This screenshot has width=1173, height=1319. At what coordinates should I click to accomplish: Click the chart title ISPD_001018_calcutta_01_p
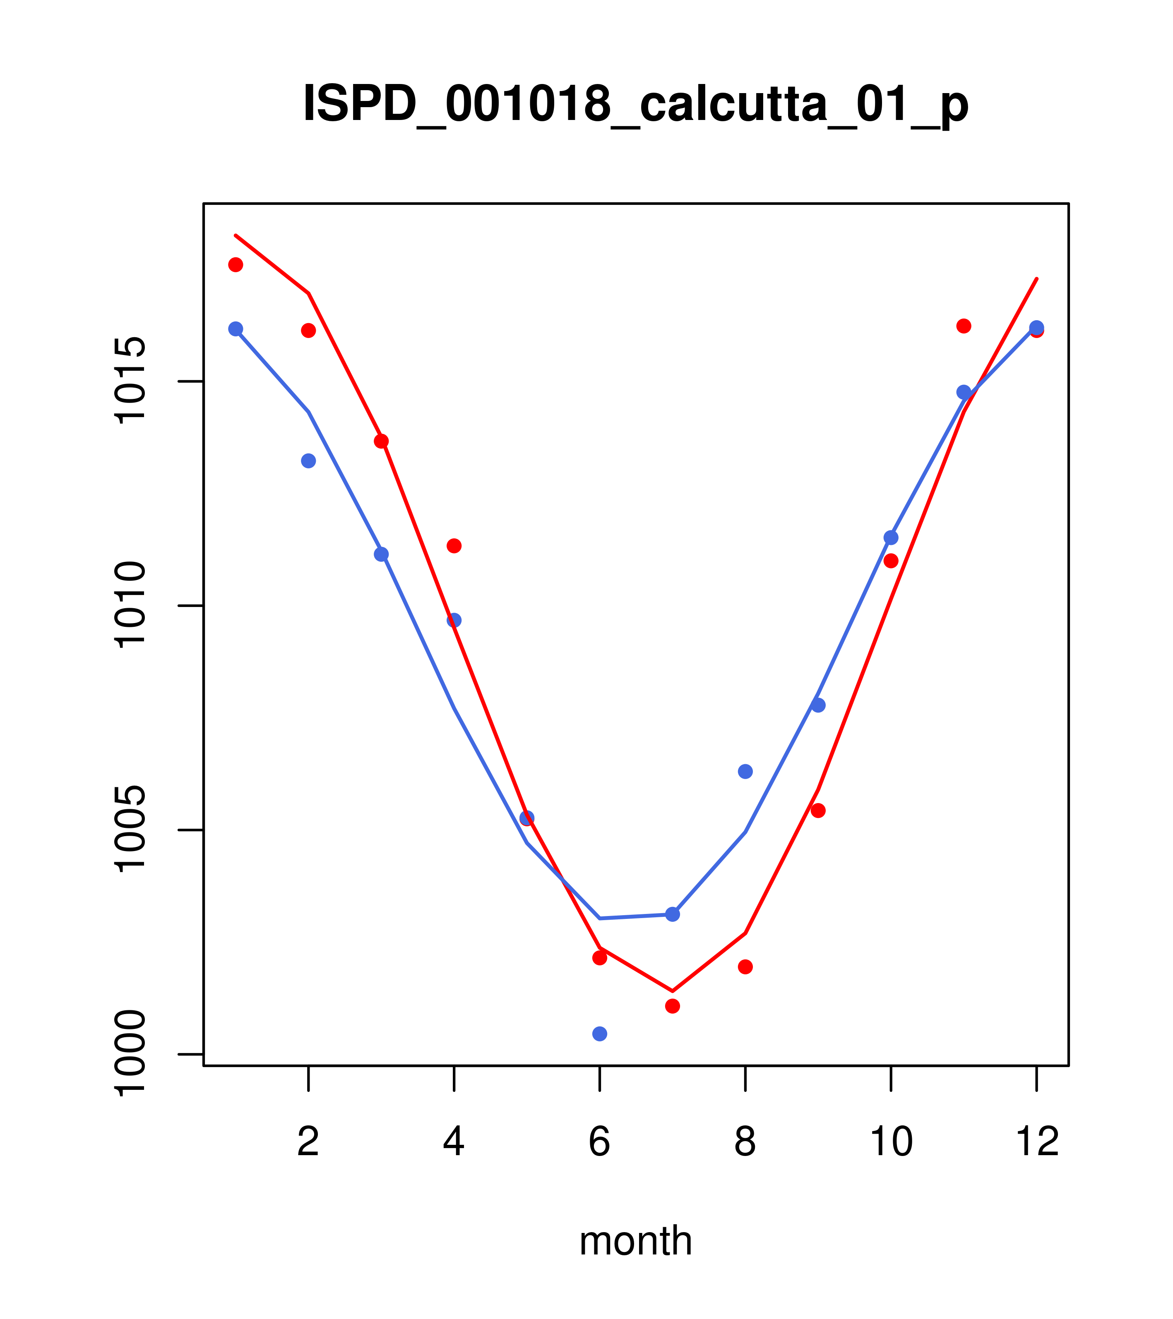[635, 105]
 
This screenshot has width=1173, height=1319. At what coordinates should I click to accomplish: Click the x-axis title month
[635, 1241]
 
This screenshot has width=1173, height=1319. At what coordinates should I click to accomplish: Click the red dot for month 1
[236, 264]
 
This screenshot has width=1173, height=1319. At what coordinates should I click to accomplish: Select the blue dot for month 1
[236, 329]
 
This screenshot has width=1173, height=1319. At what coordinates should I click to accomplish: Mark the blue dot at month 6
[600, 1034]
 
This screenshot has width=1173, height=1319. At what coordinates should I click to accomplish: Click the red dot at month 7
[673, 1006]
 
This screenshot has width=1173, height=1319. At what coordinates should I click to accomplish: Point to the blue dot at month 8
[745, 771]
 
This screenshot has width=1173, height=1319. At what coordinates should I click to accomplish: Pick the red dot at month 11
[964, 326]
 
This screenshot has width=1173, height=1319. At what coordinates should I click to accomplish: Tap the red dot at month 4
[454, 546]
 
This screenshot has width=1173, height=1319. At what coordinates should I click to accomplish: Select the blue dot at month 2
[309, 461]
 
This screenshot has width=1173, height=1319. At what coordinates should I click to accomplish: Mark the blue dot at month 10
[891, 537]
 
